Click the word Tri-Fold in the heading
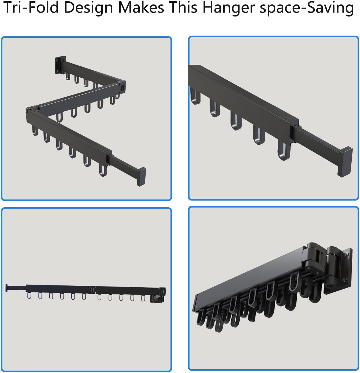(31, 7)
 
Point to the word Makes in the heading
(141, 7)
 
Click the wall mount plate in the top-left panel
(60, 65)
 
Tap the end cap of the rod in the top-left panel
(141, 176)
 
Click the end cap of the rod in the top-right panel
(345, 161)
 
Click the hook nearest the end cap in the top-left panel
(103, 170)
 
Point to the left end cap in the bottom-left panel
(7, 288)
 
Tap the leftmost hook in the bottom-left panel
(29, 296)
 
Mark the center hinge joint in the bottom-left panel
(92, 289)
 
